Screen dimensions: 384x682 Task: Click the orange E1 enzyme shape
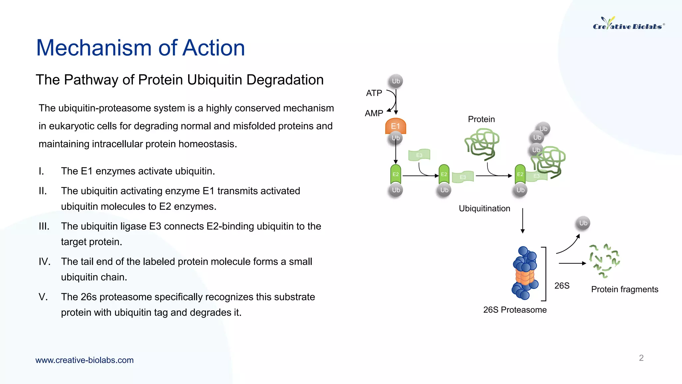click(395, 126)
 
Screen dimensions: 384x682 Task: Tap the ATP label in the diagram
click(374, 93)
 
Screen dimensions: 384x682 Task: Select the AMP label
click(374, 113)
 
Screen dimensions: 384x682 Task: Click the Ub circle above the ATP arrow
click(396, 81)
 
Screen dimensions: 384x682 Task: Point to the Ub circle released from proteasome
click(583, 223)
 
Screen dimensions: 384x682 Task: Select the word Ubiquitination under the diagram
click(484, 208)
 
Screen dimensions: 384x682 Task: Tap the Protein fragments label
click(624, 289)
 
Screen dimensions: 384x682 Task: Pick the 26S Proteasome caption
click(515, 310)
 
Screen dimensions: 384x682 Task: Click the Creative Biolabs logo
click(628, 24)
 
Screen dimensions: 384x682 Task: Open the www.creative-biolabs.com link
click(85, 360)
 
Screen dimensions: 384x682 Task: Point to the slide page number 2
click(641, 358)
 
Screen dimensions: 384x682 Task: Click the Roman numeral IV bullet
click(44, 261)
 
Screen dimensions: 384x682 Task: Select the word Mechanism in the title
click(94, 48)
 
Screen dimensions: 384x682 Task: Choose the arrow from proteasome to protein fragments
click(572, 263)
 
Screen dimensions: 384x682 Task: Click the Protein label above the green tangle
click(481, 119)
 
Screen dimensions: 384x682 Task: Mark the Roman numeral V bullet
click(43, 297)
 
